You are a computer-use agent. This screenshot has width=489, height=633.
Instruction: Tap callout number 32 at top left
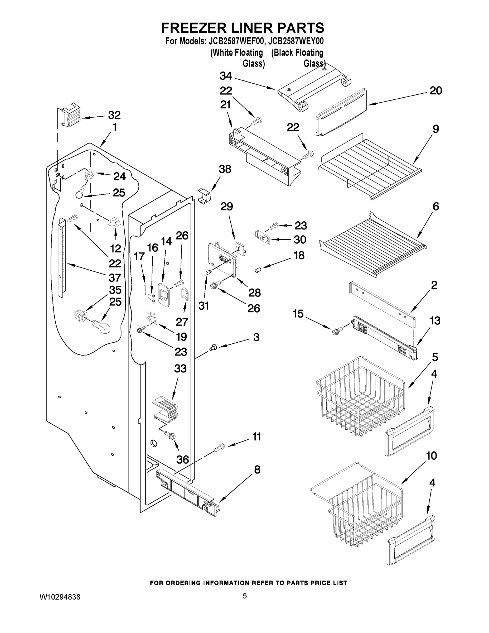click(114, 115)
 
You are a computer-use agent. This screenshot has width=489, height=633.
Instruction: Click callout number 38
click(225, 169)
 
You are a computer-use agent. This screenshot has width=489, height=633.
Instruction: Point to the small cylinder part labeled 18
click(258, 270)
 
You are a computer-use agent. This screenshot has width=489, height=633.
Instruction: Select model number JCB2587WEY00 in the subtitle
click(296, 41)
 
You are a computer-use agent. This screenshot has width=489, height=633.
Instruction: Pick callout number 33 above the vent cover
click(180, 369)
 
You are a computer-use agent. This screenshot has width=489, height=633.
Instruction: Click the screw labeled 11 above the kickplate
click(219, 448)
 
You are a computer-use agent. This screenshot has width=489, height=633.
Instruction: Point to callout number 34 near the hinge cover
click(226, 76)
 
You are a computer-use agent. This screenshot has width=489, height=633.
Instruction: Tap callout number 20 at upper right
click(435, 91)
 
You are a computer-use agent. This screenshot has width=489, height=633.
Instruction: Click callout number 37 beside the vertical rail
click(114, 277)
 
